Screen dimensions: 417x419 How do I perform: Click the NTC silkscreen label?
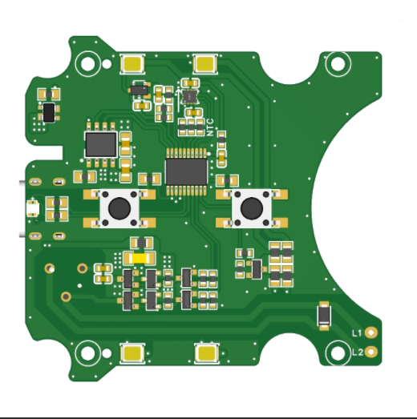tap(210, 127)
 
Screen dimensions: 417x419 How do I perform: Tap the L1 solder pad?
tap(371, 332)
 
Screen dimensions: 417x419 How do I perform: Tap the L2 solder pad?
tap(371, 352)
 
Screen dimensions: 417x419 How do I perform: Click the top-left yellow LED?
tap(132, 64)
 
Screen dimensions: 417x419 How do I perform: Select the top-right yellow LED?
tap(205, 64)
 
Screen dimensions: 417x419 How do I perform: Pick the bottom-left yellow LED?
tap(132, 353)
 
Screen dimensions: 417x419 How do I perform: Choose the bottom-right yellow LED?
tap(206, 353)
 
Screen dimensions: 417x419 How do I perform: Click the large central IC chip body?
tap(186, 171)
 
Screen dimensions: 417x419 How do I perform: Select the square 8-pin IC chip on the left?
tap(101, 144)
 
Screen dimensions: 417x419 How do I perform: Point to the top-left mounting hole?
tap(87, 64)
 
